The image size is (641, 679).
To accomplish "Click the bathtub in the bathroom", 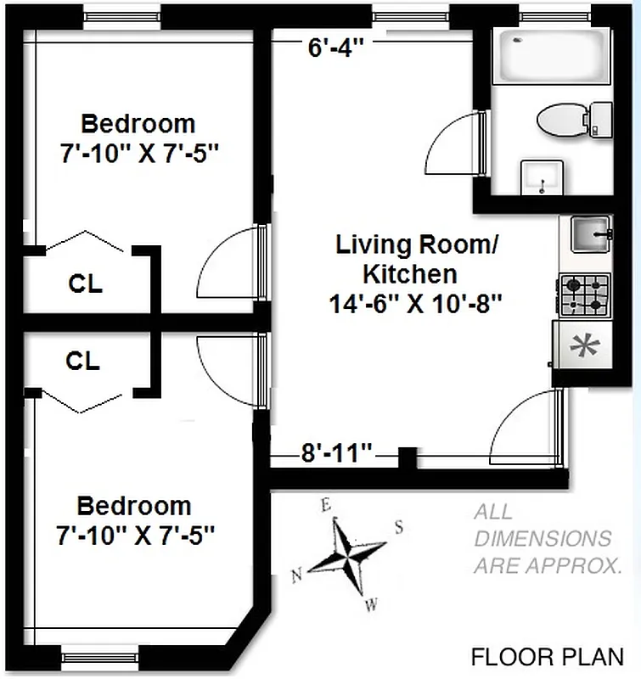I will tap(552, 55).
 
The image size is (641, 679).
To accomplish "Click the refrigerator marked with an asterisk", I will tap(582, 346).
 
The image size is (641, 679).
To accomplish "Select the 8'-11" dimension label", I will tap(338, 452).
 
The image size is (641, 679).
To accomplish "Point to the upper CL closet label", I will tap(85, 283).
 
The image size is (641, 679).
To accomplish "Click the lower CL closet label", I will tap(82, 362).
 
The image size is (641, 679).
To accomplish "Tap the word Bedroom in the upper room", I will tap(138, 124).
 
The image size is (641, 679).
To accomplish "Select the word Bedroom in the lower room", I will tap(134, 507).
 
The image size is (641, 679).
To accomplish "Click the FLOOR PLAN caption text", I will tap(547, 656).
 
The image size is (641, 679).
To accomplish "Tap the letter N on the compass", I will tap(296, 576).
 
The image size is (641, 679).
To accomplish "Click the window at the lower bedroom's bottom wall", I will tap(88, 656).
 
